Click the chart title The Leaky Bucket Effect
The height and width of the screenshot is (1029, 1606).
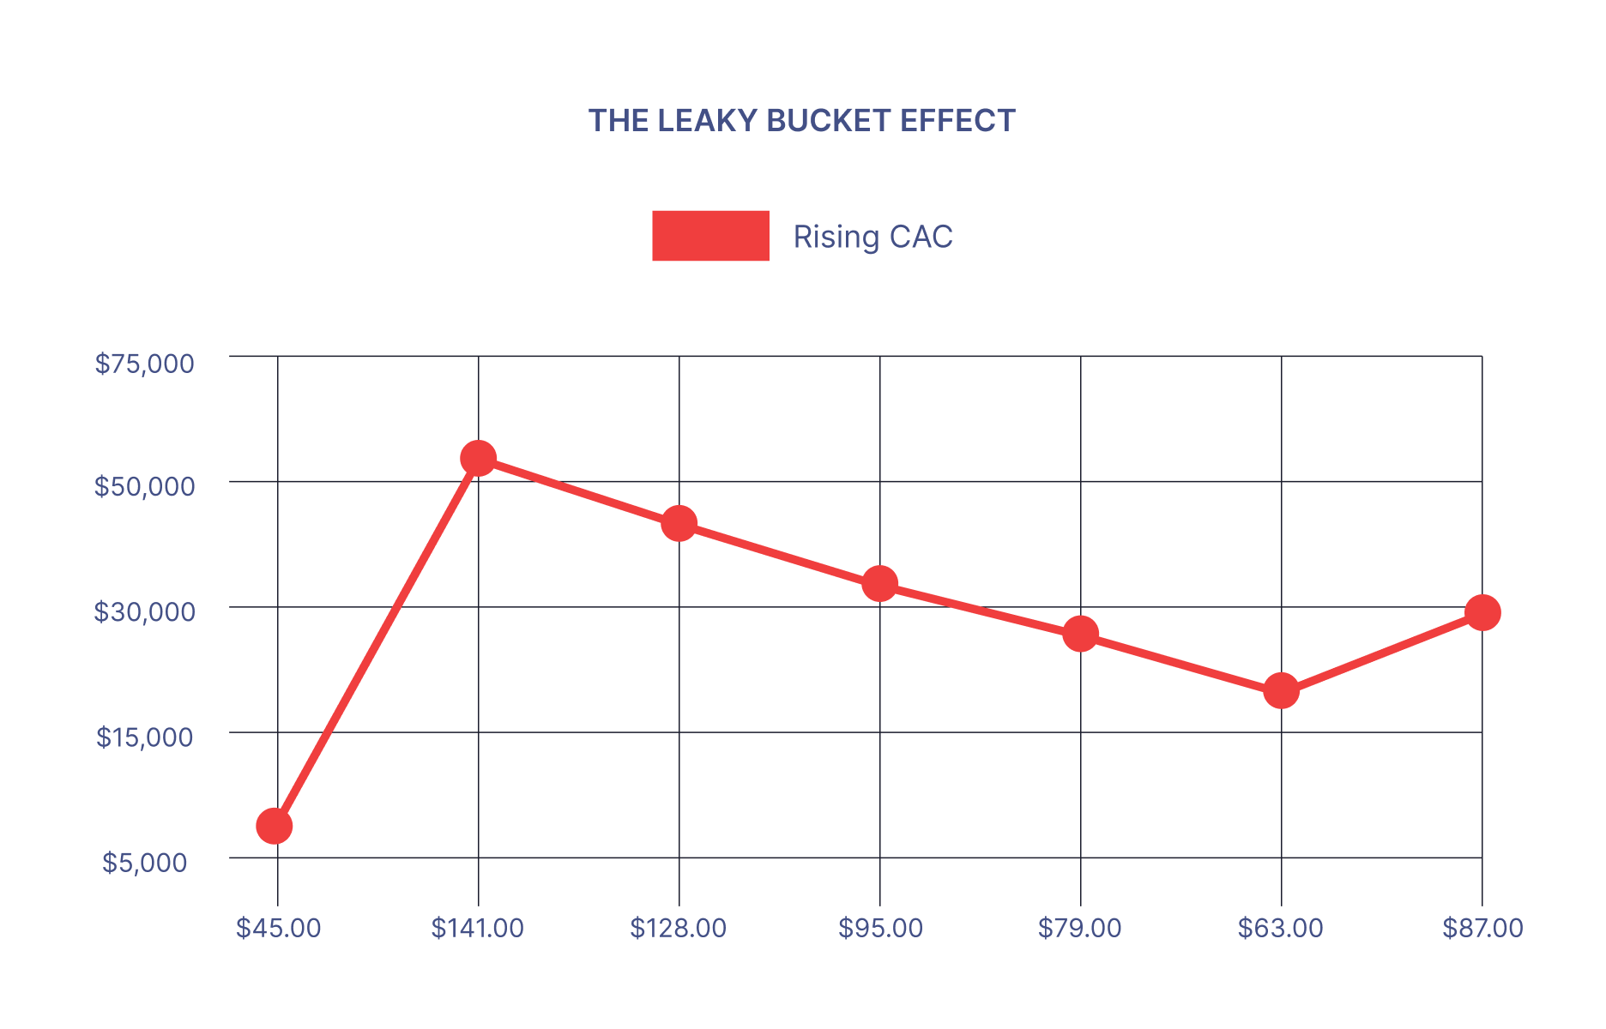pyautogui.click(x=801, y=121)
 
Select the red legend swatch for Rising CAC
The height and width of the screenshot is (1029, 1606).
pyautogui.click(x=710, y=236)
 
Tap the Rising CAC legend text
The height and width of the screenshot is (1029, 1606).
pyautogui.click(x=872, y=237)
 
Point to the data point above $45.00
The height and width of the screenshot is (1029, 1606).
pyautogui.click(x=275, y=826)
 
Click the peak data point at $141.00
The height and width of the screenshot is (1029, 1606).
pyautogui.click(x=478, y=458)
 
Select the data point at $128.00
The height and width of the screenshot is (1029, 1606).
pyautogui.click(x=679, y=523)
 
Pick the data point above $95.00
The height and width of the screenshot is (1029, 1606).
pyautogui.click(x=879, y=584)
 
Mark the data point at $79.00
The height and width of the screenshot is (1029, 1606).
pyautogui.click(x=1080, y=634)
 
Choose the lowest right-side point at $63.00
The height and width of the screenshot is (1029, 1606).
pyautogui.click(x=1281, y=690)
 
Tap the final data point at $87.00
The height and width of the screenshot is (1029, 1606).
pyautogui.click(x=1482, y=612)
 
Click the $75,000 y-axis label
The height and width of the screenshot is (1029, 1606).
pyautogui.click(x=145, y=364)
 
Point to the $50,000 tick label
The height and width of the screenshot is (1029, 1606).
pyautogui.click(x=145, y=486)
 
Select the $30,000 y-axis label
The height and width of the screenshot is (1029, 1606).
pyautogui.click(x=145, y=611)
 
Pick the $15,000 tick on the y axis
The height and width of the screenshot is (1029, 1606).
pyautogui.click(x=145, y=737)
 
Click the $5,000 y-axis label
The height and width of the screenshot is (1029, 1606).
pyautogui.click(x=145, y=862)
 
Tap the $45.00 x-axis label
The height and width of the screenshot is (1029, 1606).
pyautogui.click(x=279, y=928)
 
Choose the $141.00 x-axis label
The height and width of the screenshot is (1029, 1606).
pyautogui.click(x=478, y=928)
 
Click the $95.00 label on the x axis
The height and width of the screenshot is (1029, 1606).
pyautogui.click(x=880, y=928)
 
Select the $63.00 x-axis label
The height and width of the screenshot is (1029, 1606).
pyautogui.click(x=1281, y=928)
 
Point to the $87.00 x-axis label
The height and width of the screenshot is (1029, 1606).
pyautogui.click(x=1482, y=928)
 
